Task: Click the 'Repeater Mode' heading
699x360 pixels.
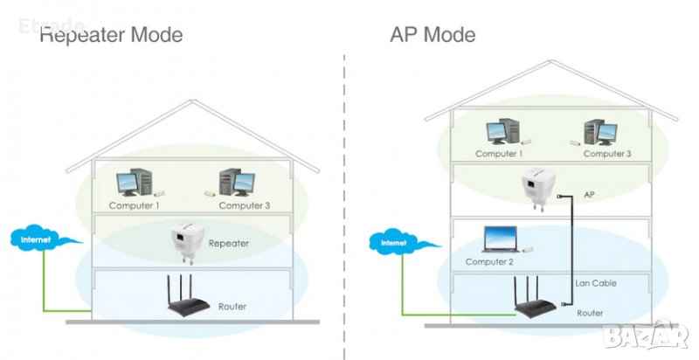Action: [x=112, y=35]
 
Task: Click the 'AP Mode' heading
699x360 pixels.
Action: [x=433, y=35]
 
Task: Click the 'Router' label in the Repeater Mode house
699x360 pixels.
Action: [x=232, y=307]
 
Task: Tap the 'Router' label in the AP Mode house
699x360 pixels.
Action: [x=590, y=312]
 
